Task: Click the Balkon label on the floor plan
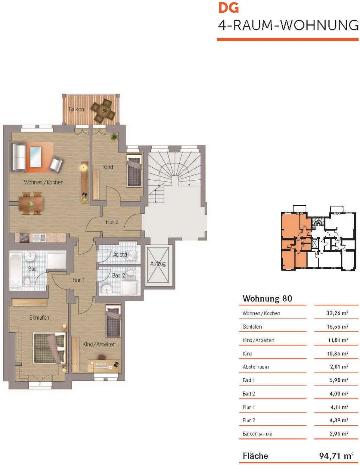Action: click(76, 109)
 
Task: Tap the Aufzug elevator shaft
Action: click(158, 265)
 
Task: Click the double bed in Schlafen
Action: click(49, 348)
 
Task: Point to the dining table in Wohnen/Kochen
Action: click(31, 203)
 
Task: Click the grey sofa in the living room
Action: click(18, 157)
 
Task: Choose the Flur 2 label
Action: click(112, 222)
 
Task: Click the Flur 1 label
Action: click(78, 280)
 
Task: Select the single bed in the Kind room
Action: click(134, 170)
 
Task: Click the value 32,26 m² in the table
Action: click(337, 313)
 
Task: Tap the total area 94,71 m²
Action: click(336, 455)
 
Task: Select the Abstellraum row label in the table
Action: click(256, 367)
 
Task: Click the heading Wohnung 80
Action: click(267, 299)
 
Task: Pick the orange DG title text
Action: click(228, 8)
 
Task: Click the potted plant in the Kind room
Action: click(114, 137)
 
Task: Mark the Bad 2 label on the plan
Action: click(119, 275)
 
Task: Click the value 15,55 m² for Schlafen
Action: click(338, 327)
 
